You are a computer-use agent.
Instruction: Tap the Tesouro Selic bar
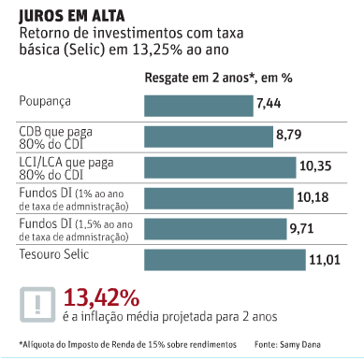(x=225, y=257)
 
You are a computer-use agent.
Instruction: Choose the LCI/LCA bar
(x=219, y=167)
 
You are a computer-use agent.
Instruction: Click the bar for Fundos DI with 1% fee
(x=218, y=197)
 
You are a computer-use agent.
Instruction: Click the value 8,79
(x=288, y=137)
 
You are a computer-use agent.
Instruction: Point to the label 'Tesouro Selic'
(x=53, y=254)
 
